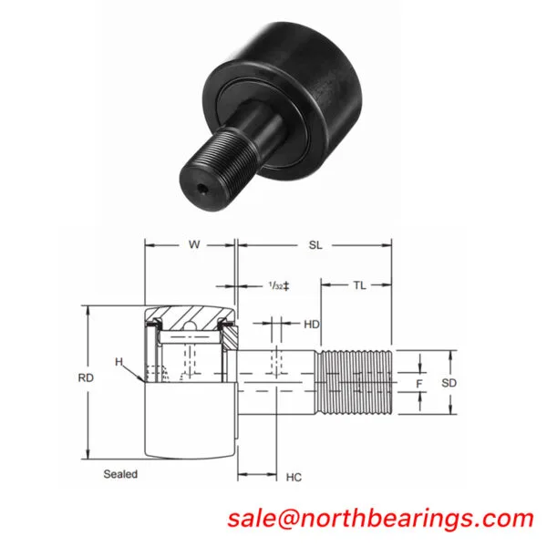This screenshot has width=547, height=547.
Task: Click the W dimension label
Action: coord(194,244)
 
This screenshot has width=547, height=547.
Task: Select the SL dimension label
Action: coord(315,245)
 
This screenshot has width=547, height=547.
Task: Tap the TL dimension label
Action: coord(360,285)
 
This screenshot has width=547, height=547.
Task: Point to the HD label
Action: coord(312,325)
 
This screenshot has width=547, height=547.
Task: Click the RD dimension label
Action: coord(86,377)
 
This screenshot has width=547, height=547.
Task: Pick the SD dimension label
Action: coord(449,383)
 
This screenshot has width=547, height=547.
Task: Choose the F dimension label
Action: coord(419,384)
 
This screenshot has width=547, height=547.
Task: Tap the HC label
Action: coord(294,477)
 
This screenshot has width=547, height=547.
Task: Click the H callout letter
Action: coord(119,362)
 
